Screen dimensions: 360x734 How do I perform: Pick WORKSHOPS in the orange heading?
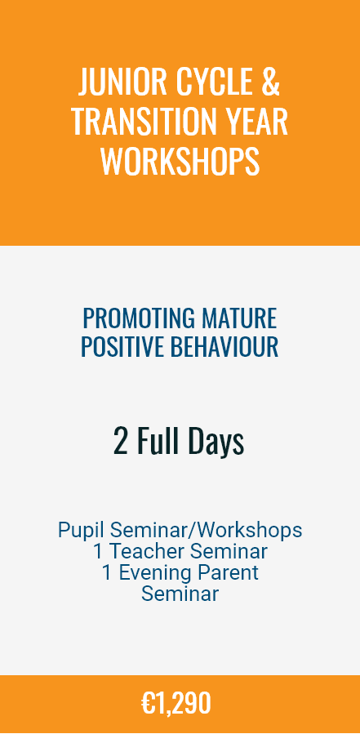coord(180,161)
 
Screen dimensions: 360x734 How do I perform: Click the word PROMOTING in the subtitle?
coord(139,318)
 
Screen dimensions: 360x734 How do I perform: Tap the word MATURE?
coord(240,318)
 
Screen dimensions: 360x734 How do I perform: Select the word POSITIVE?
coord(122,347)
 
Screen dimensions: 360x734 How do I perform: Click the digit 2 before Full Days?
coord(120,442)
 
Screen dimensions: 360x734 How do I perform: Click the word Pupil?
coord(81,531)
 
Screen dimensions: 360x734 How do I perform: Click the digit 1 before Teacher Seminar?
coord(98,551)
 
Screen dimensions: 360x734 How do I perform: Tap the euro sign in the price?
coord(148,703)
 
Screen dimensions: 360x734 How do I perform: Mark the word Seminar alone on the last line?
coord(180,594)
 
